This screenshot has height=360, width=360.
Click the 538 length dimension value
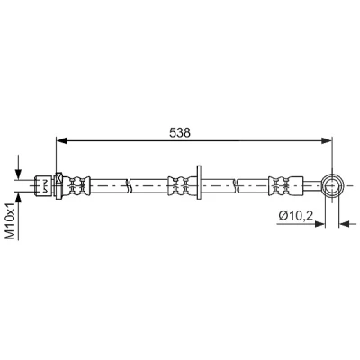tap(180, 132)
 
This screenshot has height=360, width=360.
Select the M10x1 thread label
tap(11, 220)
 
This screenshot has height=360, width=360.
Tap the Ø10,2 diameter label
tap(296, 215)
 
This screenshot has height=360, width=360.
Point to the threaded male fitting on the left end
tap(44, 186)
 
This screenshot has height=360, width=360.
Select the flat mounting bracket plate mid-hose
tap(198, 182)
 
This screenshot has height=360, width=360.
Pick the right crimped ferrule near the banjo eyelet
tap(286, 186)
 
